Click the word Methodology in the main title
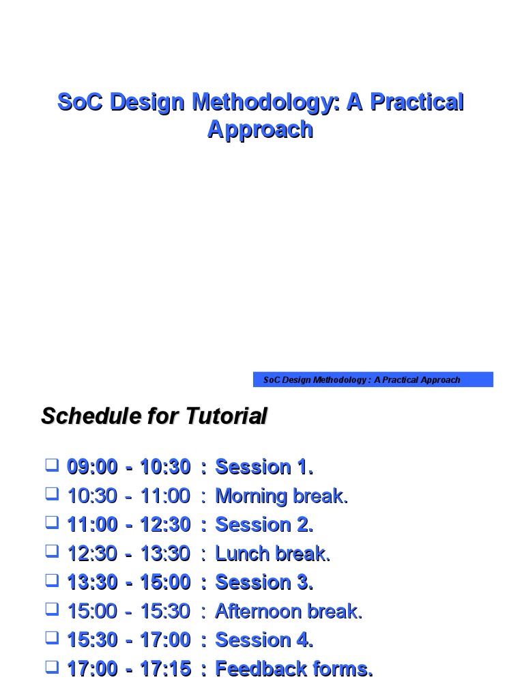(x=263, y=102)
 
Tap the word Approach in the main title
(x=260, y=129)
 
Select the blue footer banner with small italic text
(x=373, y=380)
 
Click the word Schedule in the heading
(x=89, y=416)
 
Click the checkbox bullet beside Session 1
(x=53, y=466)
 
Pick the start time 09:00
(x=92, y=468)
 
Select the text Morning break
(x=281, y=496)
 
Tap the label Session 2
(x=264, y=525)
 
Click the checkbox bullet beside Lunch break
(x=53, y=552)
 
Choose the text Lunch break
(x=272, y=554)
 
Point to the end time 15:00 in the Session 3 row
(x=165, y=583)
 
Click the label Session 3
(x=264, y=583)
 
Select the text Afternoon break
(x=289, y=612)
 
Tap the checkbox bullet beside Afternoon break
(x=53, y=610)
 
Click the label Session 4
(x=264, y=640)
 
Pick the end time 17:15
(x=165, y=669)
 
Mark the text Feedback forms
(x=294, y=669)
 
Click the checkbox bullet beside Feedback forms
(x=53, y=667)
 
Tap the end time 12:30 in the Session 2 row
(x=165, y=525)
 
